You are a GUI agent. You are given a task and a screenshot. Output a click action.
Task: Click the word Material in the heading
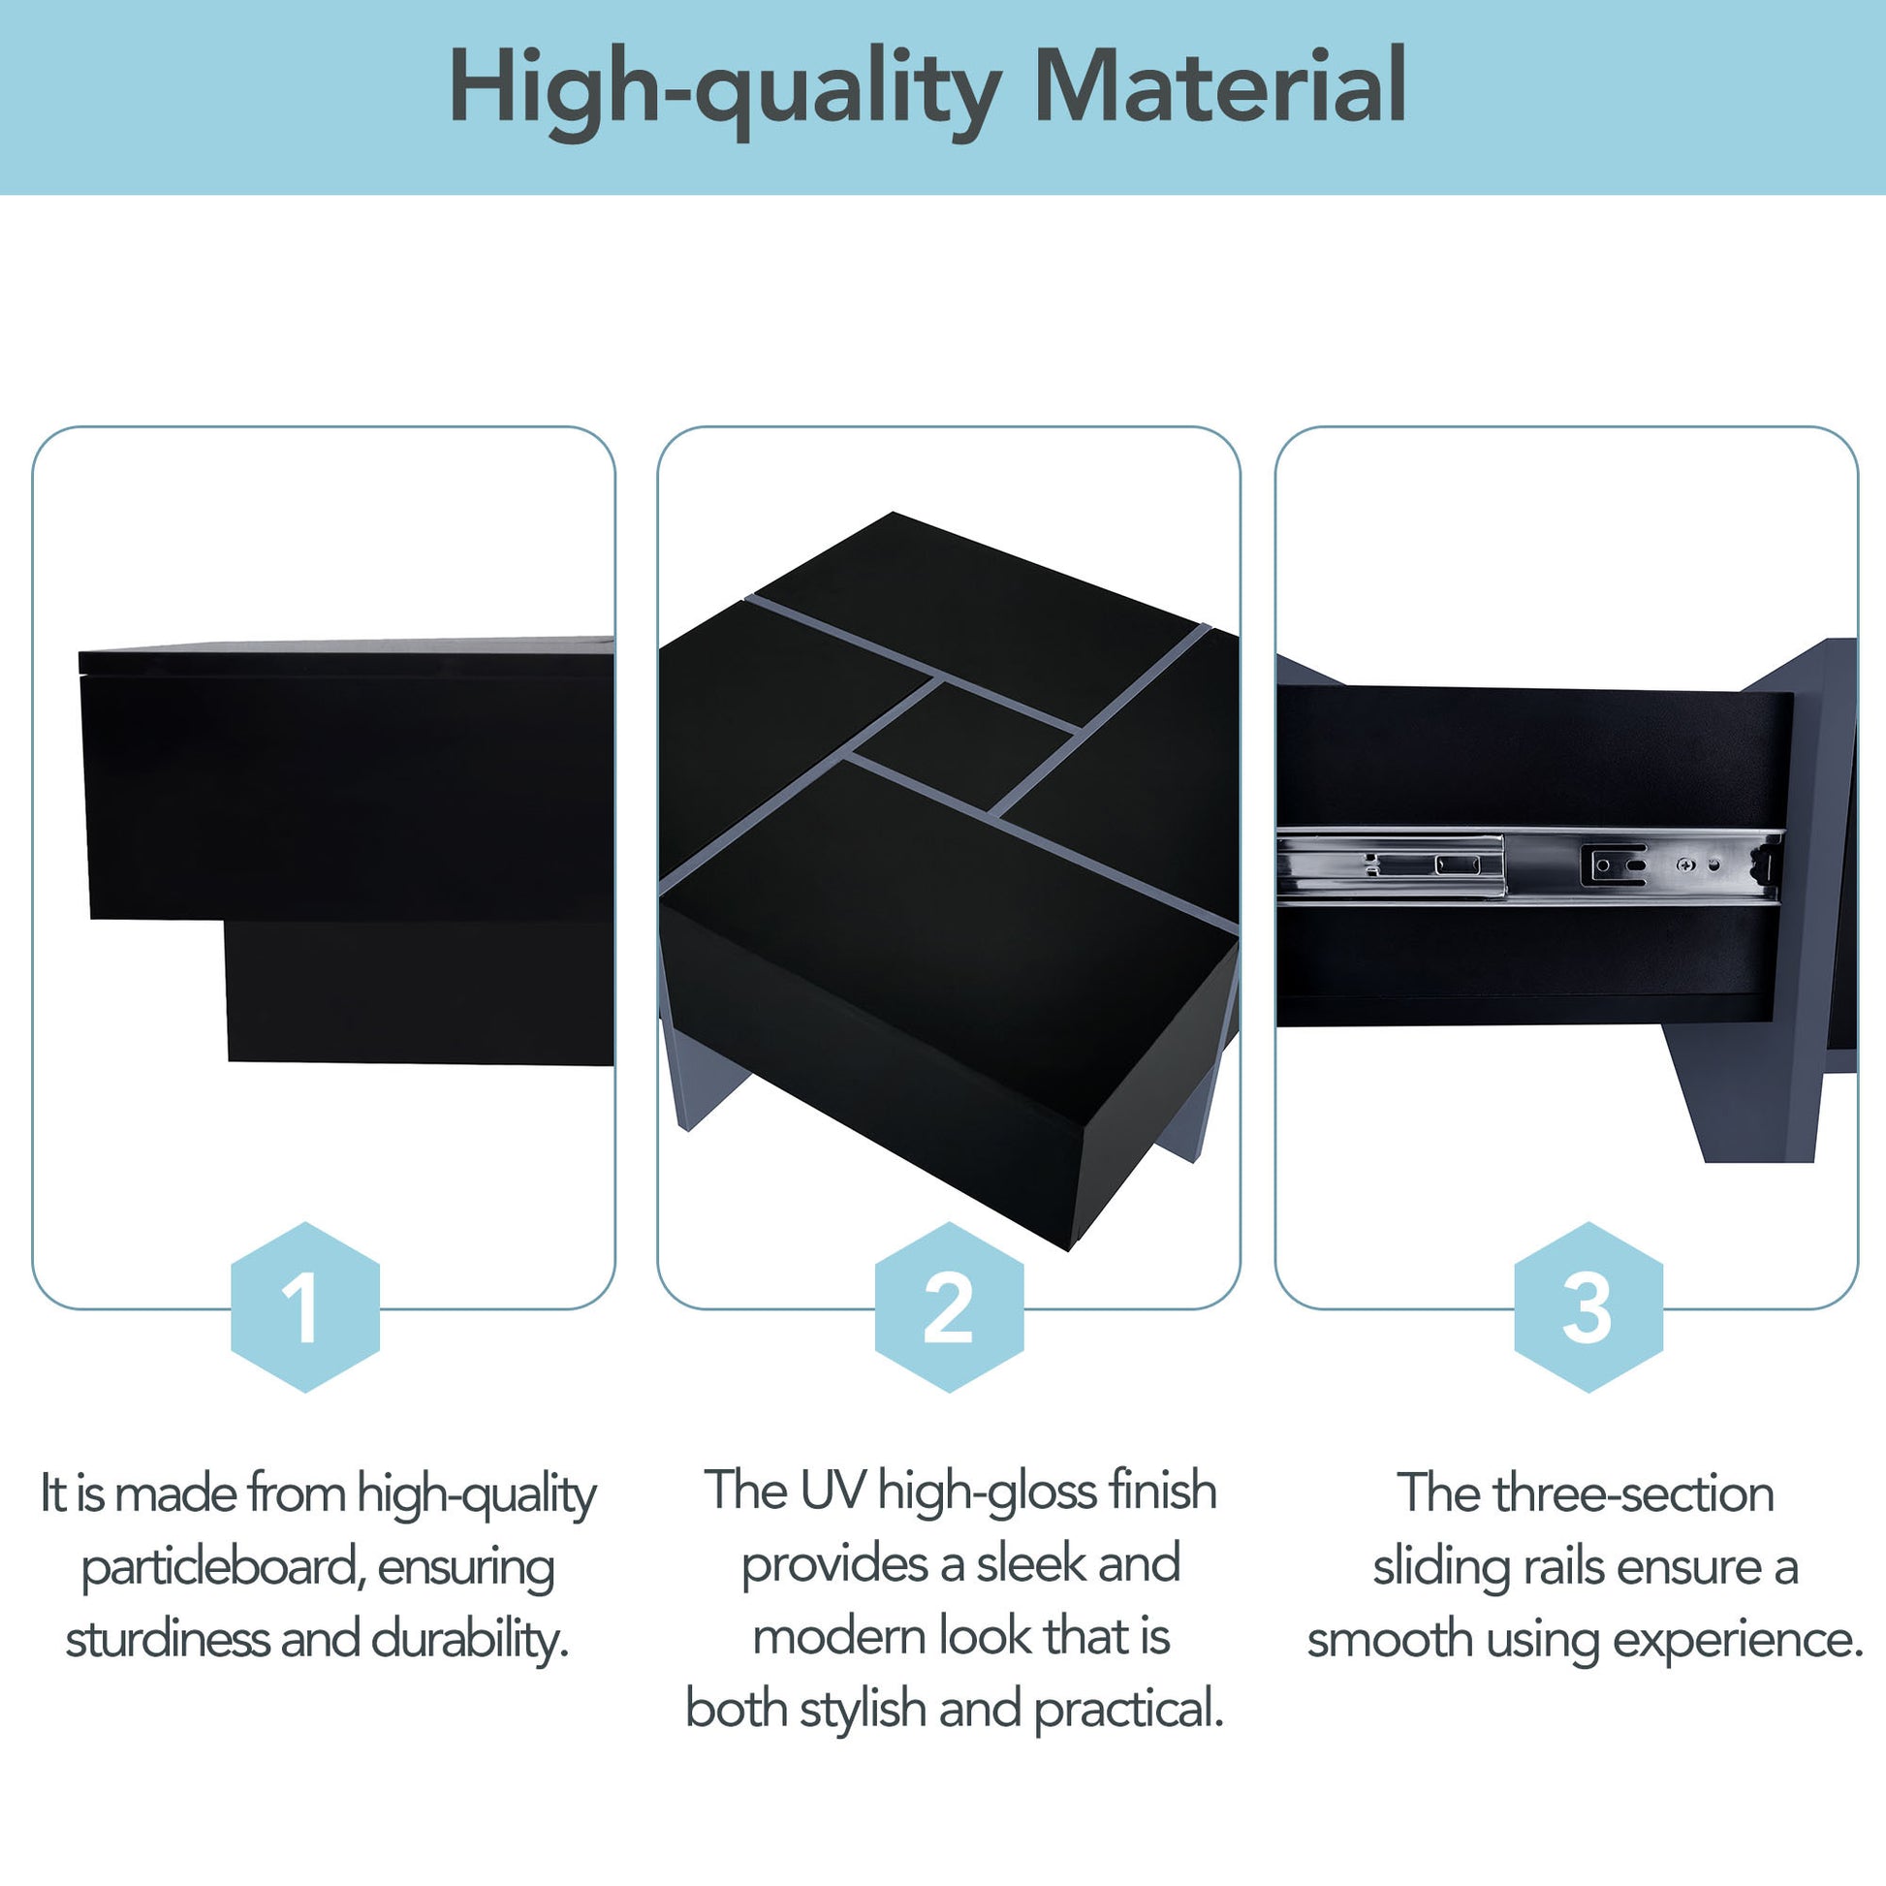pyautogui.click(x=1219, y=87)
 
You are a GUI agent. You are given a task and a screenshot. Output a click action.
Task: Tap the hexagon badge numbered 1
pyautogui.click(x=304, y=1307)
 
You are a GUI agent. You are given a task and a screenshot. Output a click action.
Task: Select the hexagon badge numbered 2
pyautogui.click(x=949, y=1307)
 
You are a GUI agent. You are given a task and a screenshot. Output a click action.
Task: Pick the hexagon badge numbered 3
pyautogui.click(x=1588, y=1307)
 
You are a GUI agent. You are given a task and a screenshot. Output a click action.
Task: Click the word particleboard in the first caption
pyautogui.click(x=224, y=1569)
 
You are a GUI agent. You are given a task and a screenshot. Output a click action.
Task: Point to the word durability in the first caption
pyautogui.click(x=469, y=1639)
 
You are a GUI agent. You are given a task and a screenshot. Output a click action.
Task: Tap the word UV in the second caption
pyautogui.click(x=833, y=1491)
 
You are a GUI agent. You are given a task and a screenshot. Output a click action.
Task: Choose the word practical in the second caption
pyautogui.click(x=1127, y=1710)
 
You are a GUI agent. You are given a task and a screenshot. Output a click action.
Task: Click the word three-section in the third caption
pyautogui.click(x=1633, y=1493)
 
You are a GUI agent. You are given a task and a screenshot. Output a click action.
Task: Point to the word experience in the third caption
pyautogui.click(x=1738, y=1641)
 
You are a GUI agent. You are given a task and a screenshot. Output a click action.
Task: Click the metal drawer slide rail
pyautogui.click(x=1528, y=864)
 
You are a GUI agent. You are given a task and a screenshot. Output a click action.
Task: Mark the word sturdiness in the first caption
pyautogui.click(x=167, y=1639)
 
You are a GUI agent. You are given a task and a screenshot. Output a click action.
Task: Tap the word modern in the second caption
pyautogui.click(x=831, y=1637)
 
